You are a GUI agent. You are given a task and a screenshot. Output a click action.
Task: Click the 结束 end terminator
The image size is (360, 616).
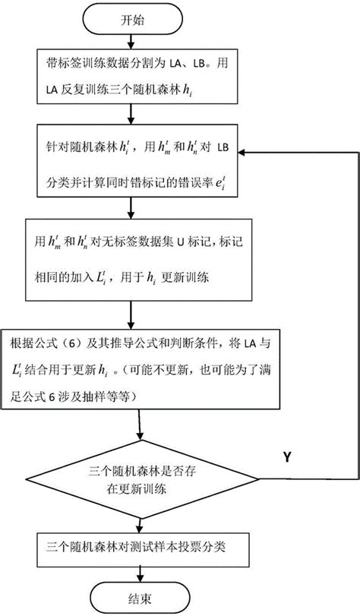click(134, 595)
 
